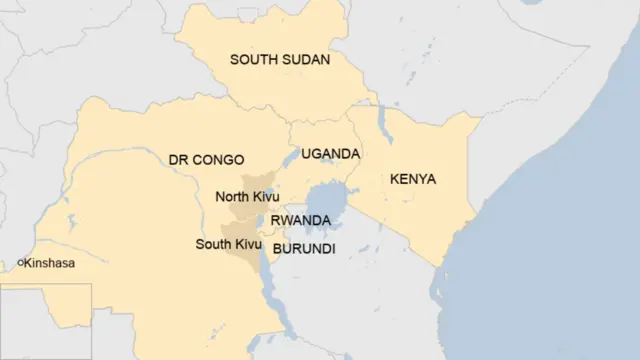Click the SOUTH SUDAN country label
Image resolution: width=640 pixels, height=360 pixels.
[280, 59]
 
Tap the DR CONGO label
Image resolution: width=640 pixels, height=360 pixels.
[206, 160]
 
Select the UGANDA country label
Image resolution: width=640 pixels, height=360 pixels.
[330, 154]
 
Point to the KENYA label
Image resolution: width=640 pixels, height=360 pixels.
[413, 180]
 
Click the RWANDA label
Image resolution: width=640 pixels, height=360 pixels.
[300, 220]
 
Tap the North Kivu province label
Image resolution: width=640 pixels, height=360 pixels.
[247, 197]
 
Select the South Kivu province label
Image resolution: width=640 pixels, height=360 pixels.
[229, 244]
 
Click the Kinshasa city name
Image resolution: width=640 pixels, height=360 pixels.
[50, 263]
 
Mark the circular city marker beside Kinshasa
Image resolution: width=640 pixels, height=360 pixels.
[21, 263]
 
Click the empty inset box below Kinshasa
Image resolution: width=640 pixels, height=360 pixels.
[45, 321]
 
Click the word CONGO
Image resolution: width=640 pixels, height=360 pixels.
[218, 160]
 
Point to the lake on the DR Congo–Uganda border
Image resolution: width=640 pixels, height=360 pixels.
[291, 157]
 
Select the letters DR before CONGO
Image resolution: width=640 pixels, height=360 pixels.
[178, 160]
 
